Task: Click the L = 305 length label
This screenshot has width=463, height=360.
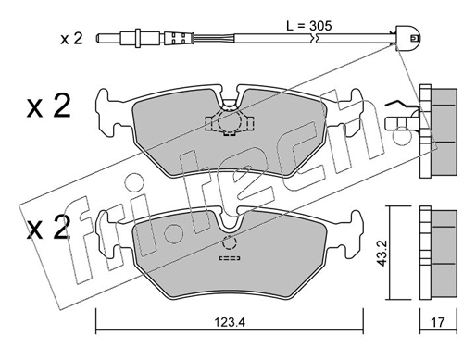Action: point(309,26)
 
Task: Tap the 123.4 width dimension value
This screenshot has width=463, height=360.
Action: point(230,322)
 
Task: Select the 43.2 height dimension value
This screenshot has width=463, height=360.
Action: point(382,254)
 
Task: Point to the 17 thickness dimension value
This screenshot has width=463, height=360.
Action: point(438,322)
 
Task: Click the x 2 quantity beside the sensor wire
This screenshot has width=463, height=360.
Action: point(71,39)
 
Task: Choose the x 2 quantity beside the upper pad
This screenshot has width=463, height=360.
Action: point(48,106)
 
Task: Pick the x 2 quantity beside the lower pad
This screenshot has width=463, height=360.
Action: point(48,228)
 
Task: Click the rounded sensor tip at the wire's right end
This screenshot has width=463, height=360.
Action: point(407,38)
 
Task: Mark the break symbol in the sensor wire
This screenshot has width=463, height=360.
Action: point(314,39)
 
